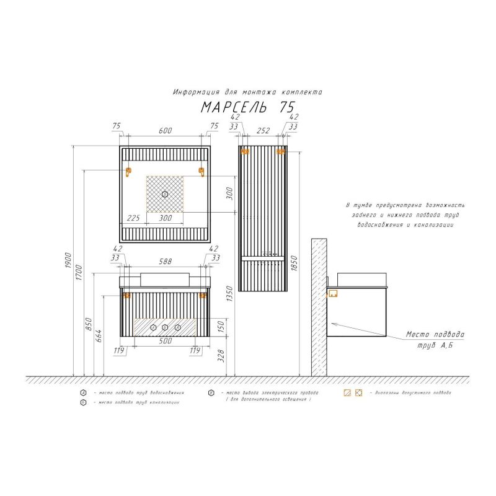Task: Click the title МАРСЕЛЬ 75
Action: click(247, 107)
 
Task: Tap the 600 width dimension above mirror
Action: click(165, 130)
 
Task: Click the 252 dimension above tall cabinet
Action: click(263, 130)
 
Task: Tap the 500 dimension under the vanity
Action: click(164, 342)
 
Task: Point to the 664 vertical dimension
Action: click(99, 336)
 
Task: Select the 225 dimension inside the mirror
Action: click(133, 218)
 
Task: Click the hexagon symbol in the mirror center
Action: click(165, 194)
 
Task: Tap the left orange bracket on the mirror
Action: click(129, 172)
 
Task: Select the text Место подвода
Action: click(435, 335)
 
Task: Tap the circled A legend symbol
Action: click(82, 393)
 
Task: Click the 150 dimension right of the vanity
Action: click(229, 325)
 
